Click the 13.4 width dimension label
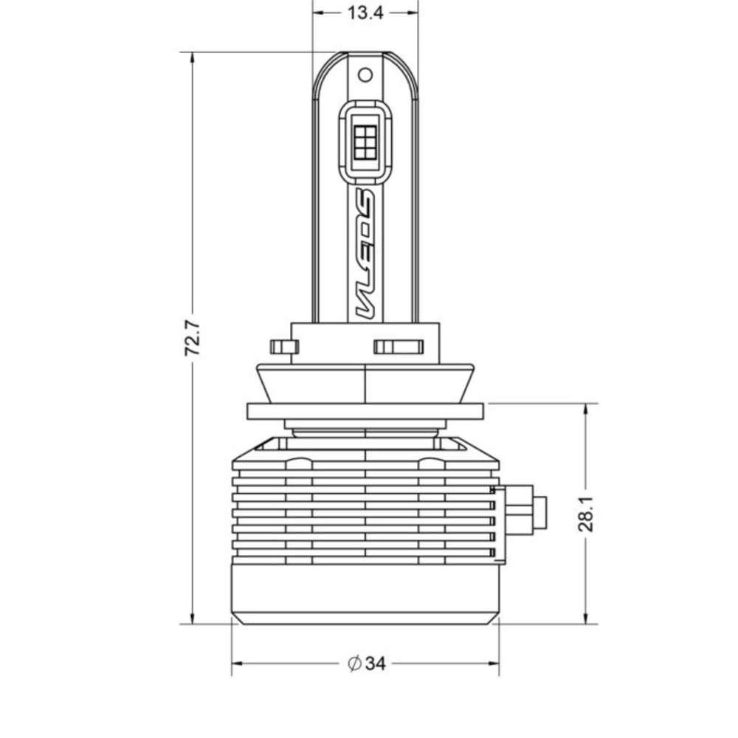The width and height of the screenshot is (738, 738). tap(365, 13)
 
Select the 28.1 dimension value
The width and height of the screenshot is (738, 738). tap(586, 514)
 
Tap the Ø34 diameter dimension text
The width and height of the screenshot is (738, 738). tap(367, 664)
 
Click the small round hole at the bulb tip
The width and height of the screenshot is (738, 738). tap(365, 75)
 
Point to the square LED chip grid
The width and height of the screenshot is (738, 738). tap(365, 139)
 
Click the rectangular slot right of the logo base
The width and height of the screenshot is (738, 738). tap(398, 347)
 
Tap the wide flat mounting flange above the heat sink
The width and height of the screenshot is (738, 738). tap(365, 411)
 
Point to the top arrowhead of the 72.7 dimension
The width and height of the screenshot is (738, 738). tap(193, 58)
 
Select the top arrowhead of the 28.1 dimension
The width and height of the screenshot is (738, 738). tap(586, 409)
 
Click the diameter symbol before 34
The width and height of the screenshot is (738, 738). tap(354, 664)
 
